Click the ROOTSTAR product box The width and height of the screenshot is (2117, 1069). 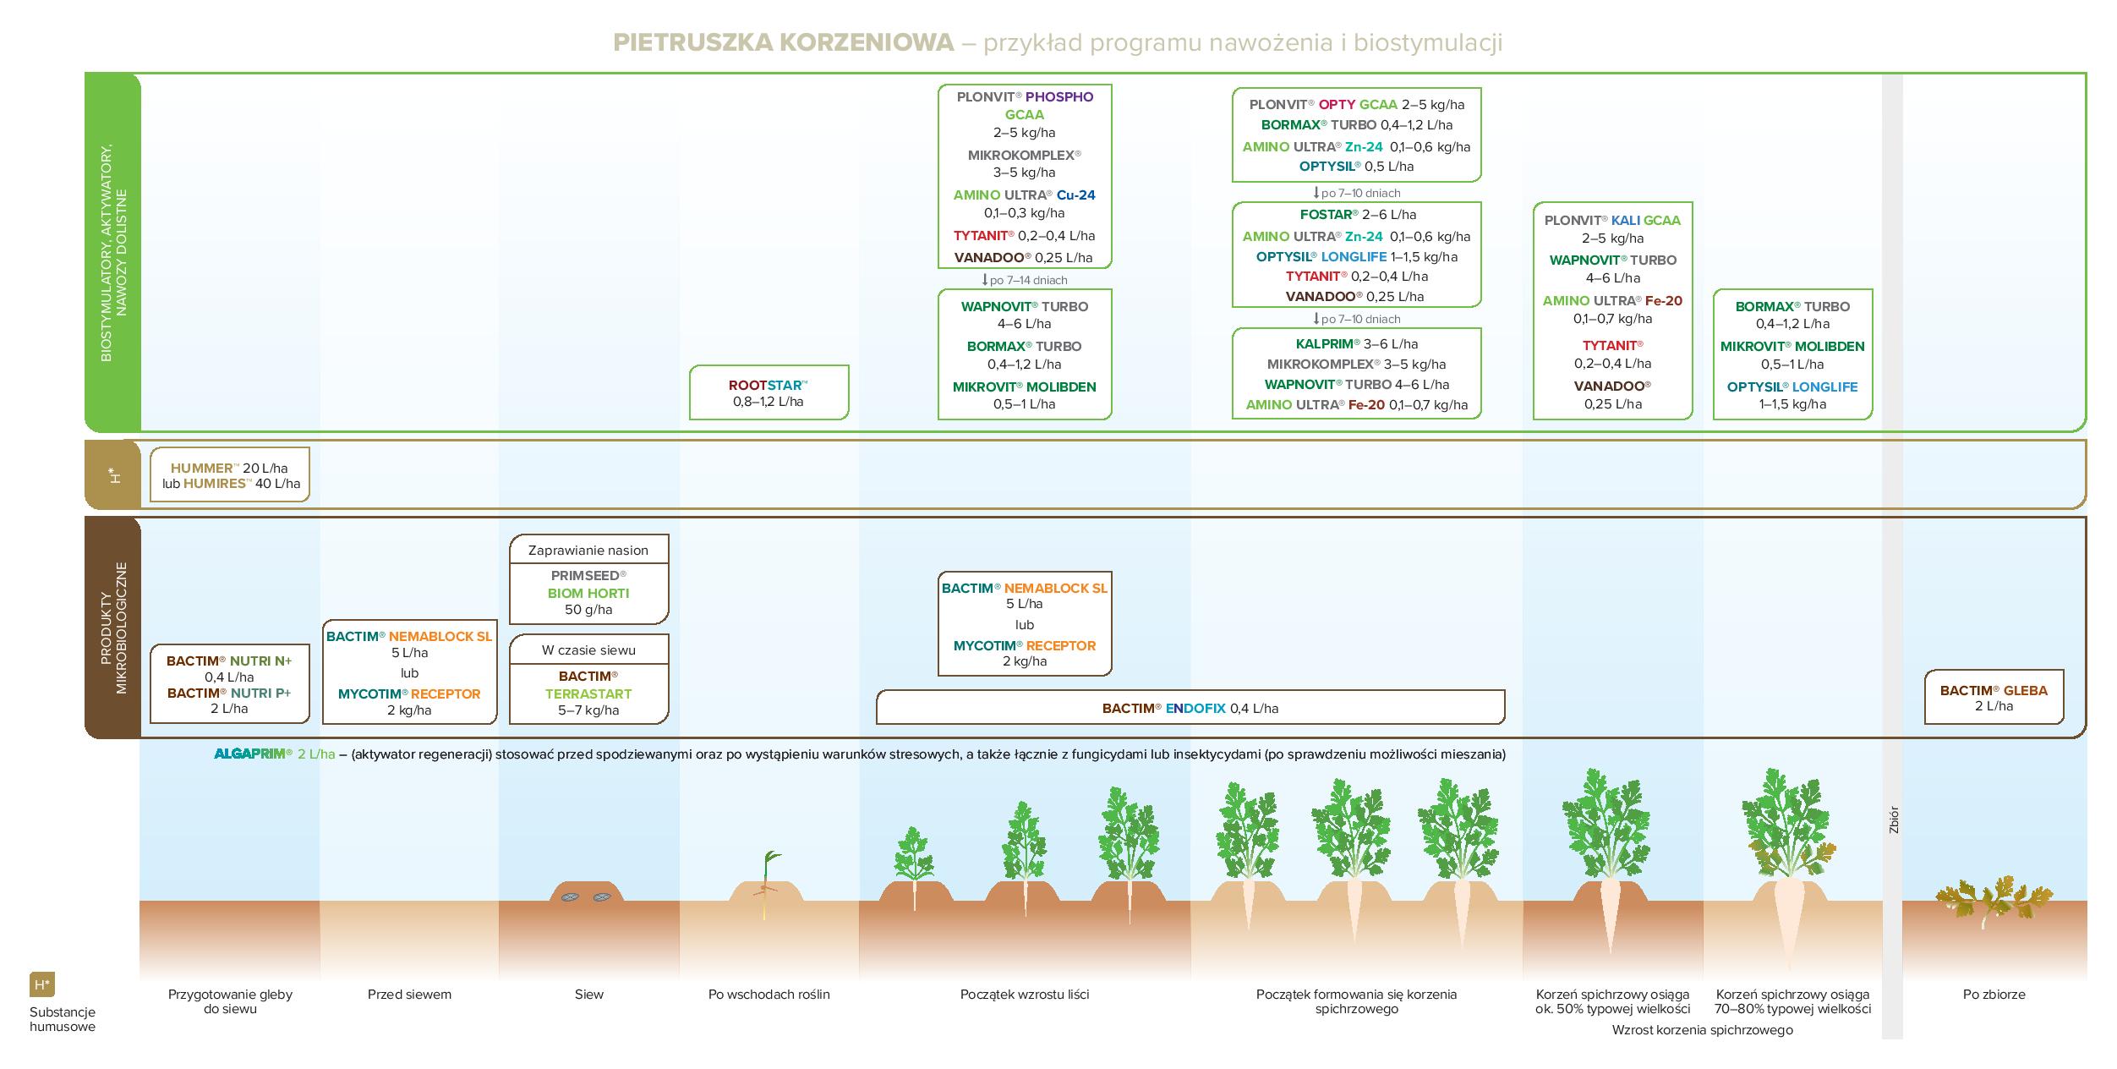(x=768, y=392)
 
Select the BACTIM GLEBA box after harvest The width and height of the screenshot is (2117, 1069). (x=1994, y=698)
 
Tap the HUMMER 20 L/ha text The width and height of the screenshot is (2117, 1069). (x=229, y=468)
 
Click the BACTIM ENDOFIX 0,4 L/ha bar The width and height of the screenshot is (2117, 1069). (x=1190, y=708)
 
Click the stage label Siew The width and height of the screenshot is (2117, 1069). (x=588, y=995)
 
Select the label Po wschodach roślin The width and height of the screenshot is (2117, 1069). (x=769, y=995)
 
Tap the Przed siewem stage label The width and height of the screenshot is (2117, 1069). (x=409, y=995)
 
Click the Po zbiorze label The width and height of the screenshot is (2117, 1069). (x=1994, y=995)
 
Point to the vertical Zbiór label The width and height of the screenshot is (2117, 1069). (x=1893, y=820)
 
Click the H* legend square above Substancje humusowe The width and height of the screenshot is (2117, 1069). (x=41, y=984)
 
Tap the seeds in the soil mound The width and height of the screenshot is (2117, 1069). (x=585, y=896)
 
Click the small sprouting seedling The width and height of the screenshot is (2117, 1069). (x=768, y=880)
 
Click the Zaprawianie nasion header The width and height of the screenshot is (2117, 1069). (x=588, y=551)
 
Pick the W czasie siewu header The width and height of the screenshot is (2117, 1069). (x=588, y=650)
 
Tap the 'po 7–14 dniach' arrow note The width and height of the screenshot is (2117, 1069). (x=1024, y=280)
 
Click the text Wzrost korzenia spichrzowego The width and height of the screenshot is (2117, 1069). (x=1702, y=1030)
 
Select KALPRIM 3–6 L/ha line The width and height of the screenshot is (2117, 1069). (x=1356, y=344)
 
